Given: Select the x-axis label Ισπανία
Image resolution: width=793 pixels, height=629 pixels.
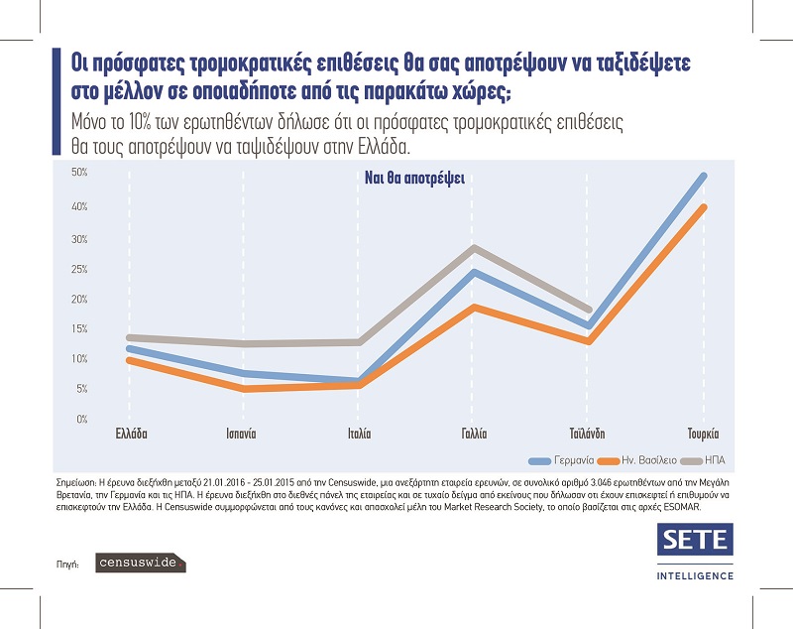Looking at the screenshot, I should [238, 435].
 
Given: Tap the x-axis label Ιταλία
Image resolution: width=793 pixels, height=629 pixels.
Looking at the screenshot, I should [358, 435].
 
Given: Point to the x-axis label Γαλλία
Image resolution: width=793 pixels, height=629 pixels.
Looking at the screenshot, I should [475, 435].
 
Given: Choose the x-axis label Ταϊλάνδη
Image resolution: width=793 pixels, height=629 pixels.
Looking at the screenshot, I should [588, 435].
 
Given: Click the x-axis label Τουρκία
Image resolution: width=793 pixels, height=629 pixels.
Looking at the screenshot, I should [703, 435].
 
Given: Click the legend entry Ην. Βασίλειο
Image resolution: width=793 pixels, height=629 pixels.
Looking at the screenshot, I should [641, 460].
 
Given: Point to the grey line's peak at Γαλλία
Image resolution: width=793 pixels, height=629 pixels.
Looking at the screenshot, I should [476, 248].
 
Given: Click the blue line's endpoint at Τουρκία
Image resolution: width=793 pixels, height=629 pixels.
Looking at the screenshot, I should [704, 176].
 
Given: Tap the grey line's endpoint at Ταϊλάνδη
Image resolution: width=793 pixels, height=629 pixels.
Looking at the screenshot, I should [589, 310].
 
